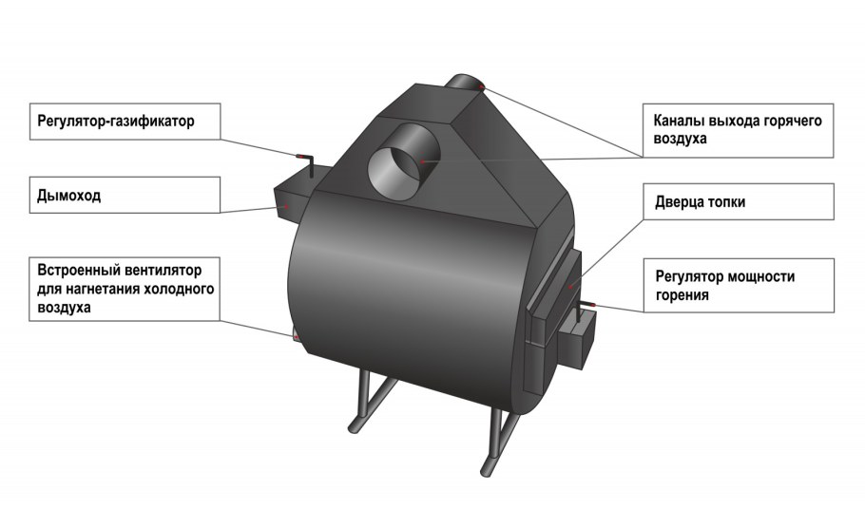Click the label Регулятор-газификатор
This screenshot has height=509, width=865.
coord(116,121)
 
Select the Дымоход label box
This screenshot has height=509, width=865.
coord(125,195)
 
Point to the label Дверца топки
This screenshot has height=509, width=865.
coord(700,202)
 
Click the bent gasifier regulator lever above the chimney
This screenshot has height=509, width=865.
coord(307,163)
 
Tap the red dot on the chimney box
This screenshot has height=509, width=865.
coord(286,207)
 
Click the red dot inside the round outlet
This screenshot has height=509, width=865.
coord(423,162)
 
